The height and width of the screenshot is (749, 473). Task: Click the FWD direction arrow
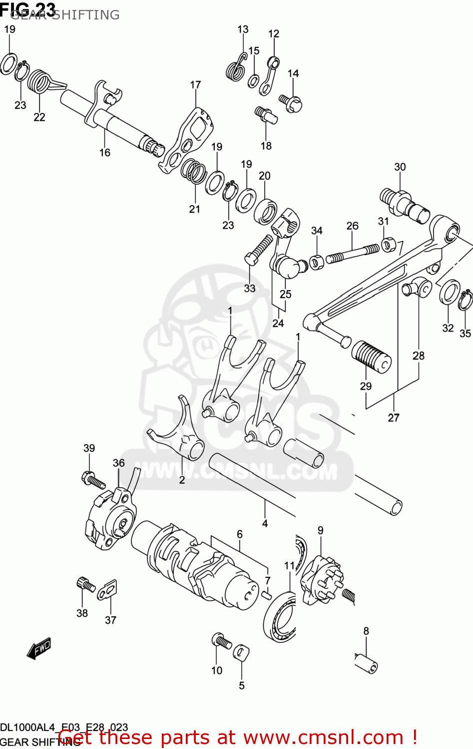pyautogui.click(x=39, y=649)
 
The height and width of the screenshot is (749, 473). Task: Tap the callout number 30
pyautogui.click(x=400, y=167)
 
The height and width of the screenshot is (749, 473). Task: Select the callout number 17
pyautogui.click(x=195, y=85)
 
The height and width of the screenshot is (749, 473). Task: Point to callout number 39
pyautogui.click(x=89, y=448)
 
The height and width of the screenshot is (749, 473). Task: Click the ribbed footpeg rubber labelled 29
pyautogui.click(x=371, y=357)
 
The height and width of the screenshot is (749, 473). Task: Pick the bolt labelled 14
pyautogui.click(x=291, y=103)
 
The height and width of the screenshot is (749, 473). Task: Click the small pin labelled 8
pyautogui.click(x=366, y=663)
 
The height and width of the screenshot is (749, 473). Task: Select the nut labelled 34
pyautogui.click(x=316, y=261)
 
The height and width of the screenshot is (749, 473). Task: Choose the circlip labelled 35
pyautogui.click(x=466, y=300)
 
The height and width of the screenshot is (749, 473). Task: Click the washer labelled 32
pyautogui.click(x=450, y=292)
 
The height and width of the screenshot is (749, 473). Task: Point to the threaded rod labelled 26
pyautogui.click(x=353, y=252)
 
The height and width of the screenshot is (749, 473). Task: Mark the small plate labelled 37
pyautogui.click(x=107, y=589)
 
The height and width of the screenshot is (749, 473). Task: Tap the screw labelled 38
pyautogui.click(x=85, y=584)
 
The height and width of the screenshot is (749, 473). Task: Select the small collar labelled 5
pyautogui.click(x=241, y=651)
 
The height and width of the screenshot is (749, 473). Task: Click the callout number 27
pyautogui.click(x=394, y=417)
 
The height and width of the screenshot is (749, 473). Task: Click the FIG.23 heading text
pyautogui.click(x=28, y=8)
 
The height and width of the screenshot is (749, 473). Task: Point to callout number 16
pyautogui.click(x=104, y=152)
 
